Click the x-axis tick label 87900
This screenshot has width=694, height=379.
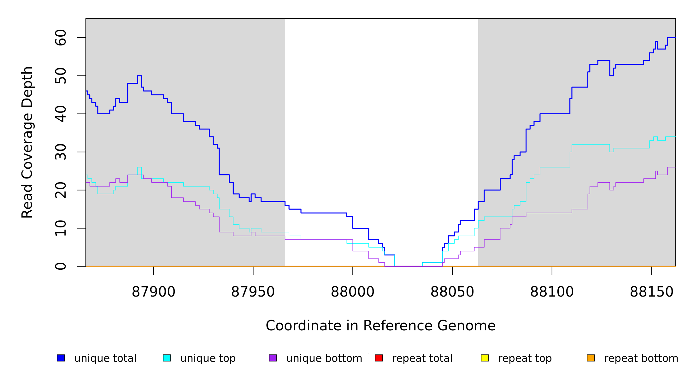tap(153, 292)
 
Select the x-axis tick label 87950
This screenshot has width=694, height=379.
tap(253, 292)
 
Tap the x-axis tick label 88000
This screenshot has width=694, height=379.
tap(353, 292)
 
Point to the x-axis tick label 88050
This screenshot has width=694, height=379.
tap(452, 292)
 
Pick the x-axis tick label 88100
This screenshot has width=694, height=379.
tap(552, 292)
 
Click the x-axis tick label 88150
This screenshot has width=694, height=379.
tap(652, 292)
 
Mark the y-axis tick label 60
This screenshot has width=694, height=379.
tap(61, 38)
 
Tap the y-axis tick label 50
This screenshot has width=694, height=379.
tap(61, 76)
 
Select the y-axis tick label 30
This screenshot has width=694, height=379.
tap(61, 152)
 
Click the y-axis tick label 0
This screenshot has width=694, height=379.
tap(61, 266)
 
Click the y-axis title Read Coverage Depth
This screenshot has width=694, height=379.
tap(27, 142)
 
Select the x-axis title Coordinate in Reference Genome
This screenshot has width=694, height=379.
tap(380, 326)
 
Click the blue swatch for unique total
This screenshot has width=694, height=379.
tap(61, 358)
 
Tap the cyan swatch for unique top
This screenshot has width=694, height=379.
tap(167, 358)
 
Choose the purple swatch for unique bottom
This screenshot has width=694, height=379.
tap(273, 358)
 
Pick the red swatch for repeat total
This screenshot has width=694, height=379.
tap(379, 358)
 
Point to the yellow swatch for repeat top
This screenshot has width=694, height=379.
tap(485, 358)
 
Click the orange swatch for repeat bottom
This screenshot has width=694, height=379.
tap(591, 358)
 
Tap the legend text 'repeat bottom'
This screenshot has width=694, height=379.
tap(641, 358)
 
